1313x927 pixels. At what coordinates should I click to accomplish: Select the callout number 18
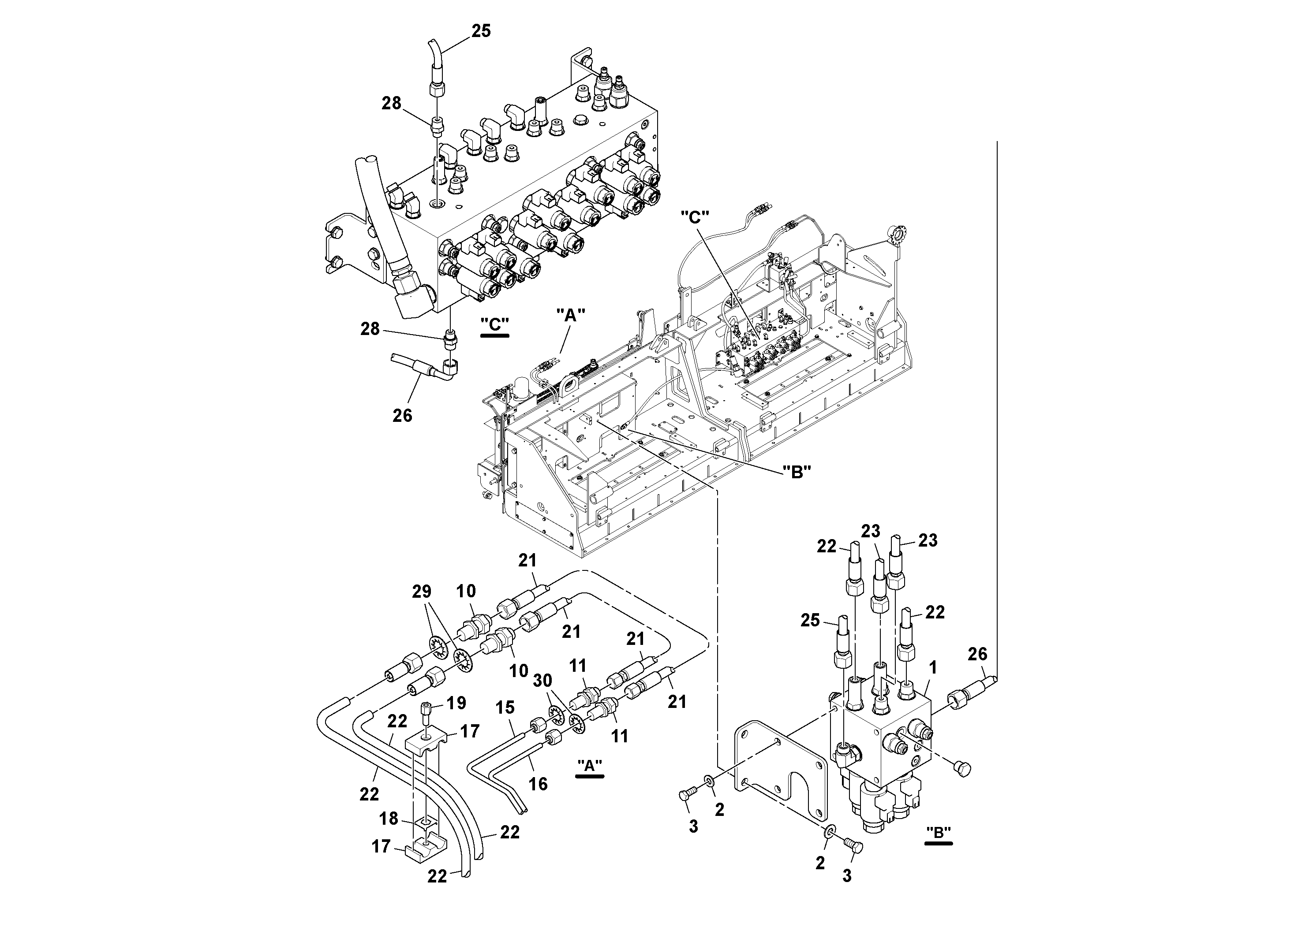click(388, 819)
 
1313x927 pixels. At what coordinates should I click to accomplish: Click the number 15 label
click(505, 708)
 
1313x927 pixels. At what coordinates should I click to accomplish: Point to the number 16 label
click(538, 784)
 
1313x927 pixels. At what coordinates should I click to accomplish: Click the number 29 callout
click(422, 592)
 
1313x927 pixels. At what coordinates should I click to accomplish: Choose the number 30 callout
click(542, 680)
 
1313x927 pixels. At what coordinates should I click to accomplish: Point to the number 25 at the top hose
click(481, 31)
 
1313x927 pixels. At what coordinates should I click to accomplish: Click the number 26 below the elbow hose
click(402, 416)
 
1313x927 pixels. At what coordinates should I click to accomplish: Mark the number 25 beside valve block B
click(810, 620)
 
